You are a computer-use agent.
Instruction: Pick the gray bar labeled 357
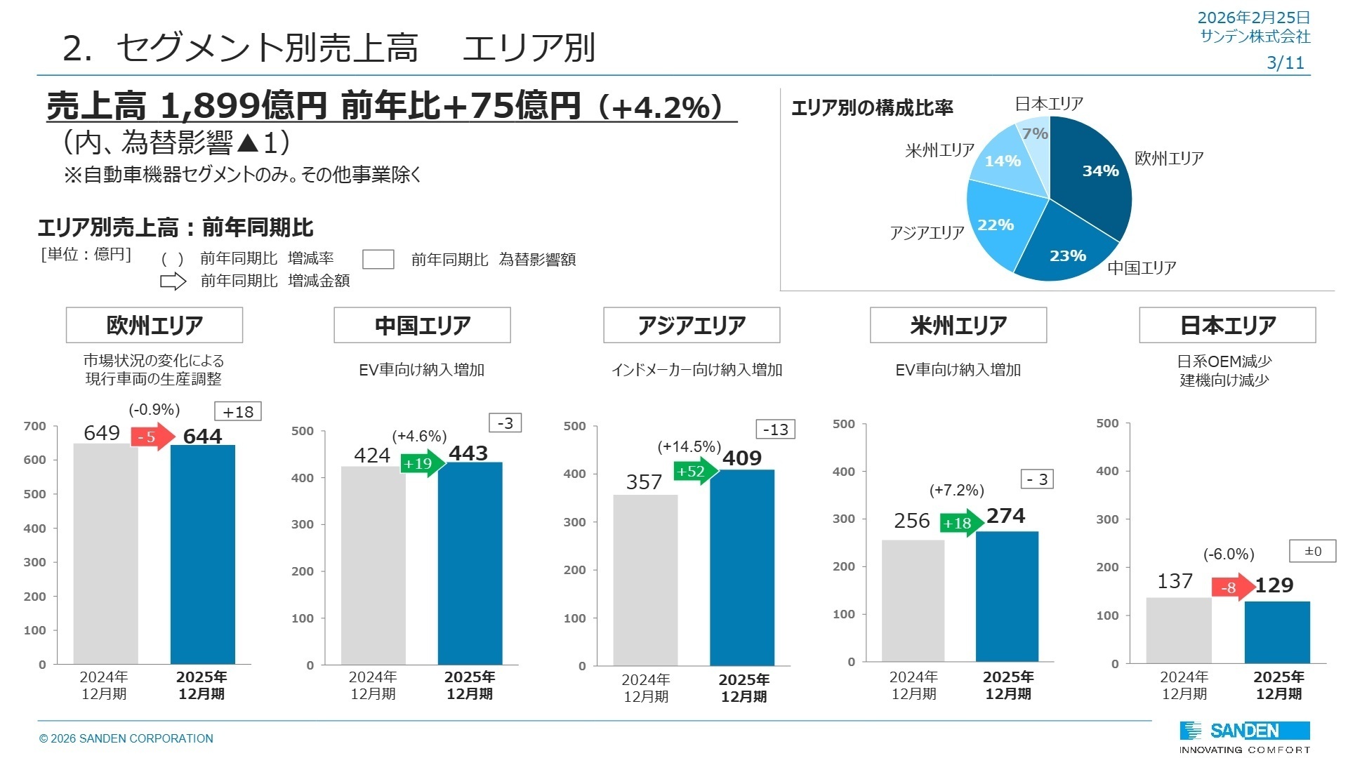point(645,580)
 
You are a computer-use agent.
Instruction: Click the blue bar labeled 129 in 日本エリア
point(1277,632)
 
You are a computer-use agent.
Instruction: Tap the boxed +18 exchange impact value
point(238,412)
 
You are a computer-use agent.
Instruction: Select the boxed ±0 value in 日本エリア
point(1312,551)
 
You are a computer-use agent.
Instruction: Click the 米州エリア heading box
point(958,325)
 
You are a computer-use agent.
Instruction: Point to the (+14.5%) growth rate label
point(689,446)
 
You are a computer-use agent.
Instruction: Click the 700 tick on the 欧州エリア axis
point(35,426)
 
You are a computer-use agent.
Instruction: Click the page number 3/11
point(1285,62)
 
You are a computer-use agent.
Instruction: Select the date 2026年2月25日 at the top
point(1253,18)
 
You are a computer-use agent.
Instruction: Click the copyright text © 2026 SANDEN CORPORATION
point(126,738)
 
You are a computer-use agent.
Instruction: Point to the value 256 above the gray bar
point(911,521)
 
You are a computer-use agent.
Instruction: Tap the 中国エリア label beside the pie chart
point(1142,267)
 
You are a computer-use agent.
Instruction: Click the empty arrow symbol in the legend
point(173,281)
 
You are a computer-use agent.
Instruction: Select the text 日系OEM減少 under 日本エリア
point(1224,361)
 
